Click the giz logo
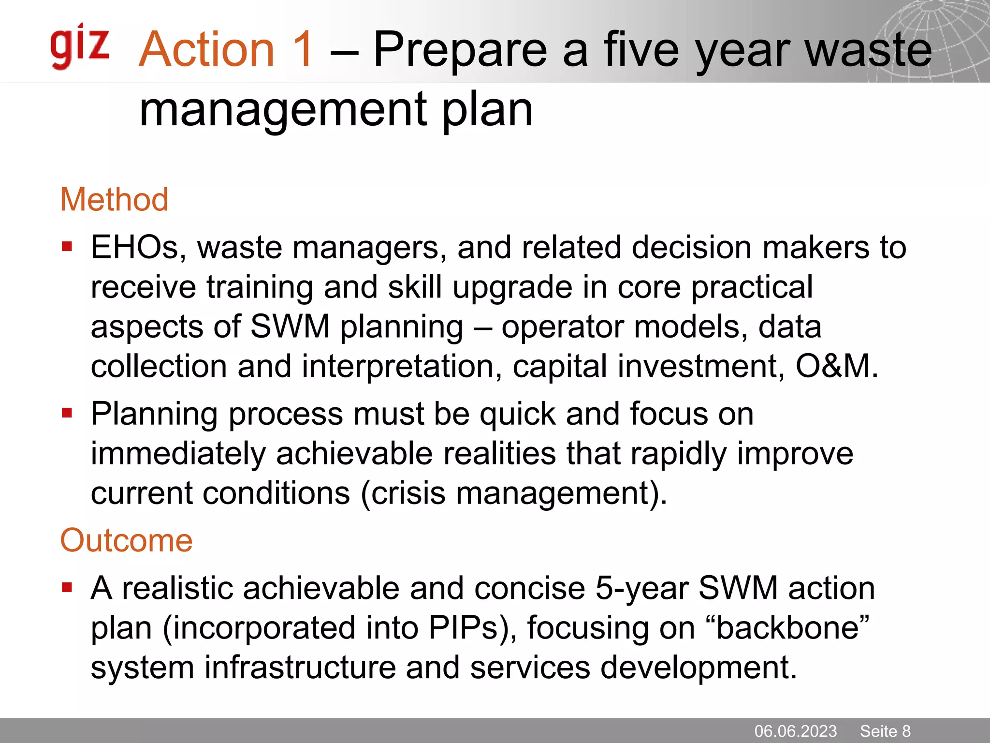(80, 46)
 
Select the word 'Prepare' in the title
(460, 50)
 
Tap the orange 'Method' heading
(114, 199)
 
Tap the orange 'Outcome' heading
(126, 540)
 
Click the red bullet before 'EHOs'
(67, 248)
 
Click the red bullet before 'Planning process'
(67, 414)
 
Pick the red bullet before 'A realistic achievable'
(67, 588)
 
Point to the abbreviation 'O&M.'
(837, 366)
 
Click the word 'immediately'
(178, 454)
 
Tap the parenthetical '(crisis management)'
(513, 494)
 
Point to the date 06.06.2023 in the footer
(795, 731)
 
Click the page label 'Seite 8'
(885, 731)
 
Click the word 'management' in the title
(283, 110)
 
